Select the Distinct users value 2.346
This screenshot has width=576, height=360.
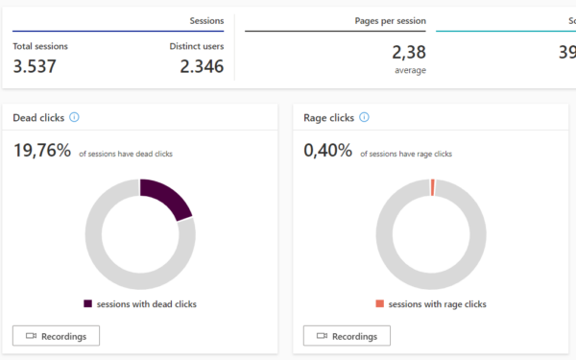coord(202,66)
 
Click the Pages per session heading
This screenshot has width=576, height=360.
coord(391,19)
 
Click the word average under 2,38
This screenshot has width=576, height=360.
coord(410,70)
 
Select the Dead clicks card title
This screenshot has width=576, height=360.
coord(38,118)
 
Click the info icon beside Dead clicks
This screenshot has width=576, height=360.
coord(74,118)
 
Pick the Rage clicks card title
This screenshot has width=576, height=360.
coord(328,118)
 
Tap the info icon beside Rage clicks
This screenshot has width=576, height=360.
coord(364,118)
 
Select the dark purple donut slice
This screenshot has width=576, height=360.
coord(166,195)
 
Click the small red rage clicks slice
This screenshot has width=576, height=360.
coord(433,186)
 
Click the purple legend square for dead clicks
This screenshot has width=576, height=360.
coord(88,304)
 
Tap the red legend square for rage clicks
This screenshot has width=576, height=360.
coord(380,304)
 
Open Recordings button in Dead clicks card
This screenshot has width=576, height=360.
coord(56,336)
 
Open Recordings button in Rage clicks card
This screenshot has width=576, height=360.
coord(347,336)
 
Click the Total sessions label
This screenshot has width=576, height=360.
coord(40,45)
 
